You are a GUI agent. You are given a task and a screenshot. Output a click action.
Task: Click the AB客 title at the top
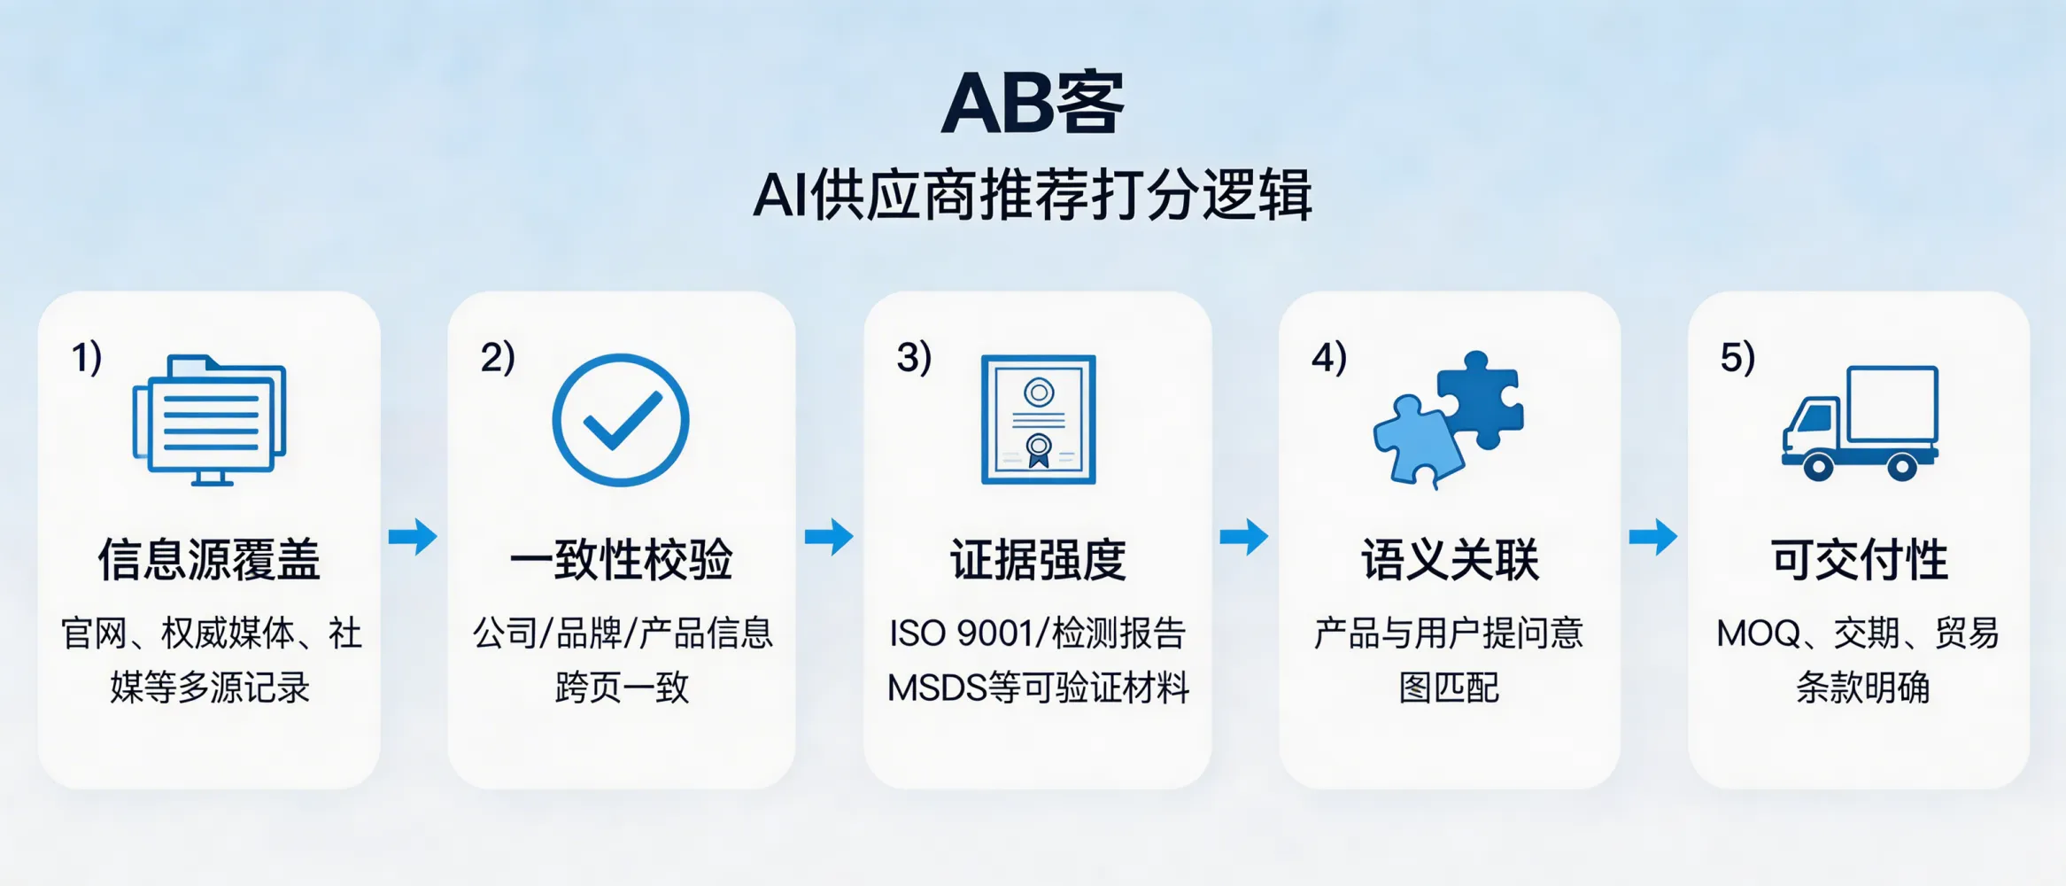(x=1032, y=104)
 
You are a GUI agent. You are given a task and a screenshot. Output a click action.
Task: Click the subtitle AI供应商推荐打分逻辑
(x=1032, y=195)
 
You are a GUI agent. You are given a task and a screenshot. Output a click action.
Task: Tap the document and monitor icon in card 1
(x=210, y=420)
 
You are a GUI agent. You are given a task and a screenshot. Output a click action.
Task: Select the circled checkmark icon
(x=621, y=420)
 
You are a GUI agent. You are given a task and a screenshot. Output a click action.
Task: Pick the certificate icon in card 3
(x=1038, y=420)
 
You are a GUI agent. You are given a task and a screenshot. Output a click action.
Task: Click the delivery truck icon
(x=1860, y=424)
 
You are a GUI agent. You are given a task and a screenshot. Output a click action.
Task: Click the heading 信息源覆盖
(x=209, y=560)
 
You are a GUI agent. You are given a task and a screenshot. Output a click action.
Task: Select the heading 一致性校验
(x=621, y=560)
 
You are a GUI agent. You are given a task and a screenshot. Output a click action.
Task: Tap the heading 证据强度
(x=1038, y=560)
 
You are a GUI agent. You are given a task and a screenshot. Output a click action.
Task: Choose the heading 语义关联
(x=1450, y=560)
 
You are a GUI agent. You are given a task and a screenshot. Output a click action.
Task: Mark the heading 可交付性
(x=1860, y=560)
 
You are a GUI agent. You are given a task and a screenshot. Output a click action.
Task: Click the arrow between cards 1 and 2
(x=413, y=536)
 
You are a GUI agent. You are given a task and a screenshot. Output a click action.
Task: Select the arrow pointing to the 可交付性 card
(x=1653, y=536)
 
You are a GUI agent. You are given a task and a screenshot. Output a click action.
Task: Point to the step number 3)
(x=914, y=358)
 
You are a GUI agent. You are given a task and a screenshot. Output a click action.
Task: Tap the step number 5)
(x=1737, y=358)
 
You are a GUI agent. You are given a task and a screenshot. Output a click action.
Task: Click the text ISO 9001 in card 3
(x=961, y=634)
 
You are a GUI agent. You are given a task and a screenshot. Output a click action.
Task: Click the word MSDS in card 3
(x=937, y=688)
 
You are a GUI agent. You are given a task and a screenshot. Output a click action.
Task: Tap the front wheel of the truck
(x=1817, y=464)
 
